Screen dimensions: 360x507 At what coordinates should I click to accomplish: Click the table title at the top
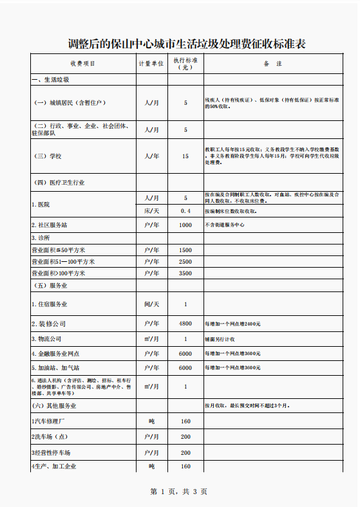point(187,44)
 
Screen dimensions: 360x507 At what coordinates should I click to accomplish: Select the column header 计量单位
point(151,64)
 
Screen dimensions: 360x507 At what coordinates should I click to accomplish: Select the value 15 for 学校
point(185,156)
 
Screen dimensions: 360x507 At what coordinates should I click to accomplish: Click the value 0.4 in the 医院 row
point(185,211)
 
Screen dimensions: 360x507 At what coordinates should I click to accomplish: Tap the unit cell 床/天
point(151,211)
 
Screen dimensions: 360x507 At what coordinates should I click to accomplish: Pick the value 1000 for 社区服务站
point(185,225)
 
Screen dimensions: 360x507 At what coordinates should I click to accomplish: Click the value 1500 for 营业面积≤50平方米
point(185,250)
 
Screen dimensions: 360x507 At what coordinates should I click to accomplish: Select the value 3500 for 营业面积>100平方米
point(185,273)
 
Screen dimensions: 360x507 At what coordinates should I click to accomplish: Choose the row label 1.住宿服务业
point(51,304)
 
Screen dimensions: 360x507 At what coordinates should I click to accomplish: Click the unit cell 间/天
point(151,304)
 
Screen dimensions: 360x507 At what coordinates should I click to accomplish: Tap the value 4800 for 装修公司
point(185,323)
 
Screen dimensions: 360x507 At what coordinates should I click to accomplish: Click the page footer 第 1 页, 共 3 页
point(178,492)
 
